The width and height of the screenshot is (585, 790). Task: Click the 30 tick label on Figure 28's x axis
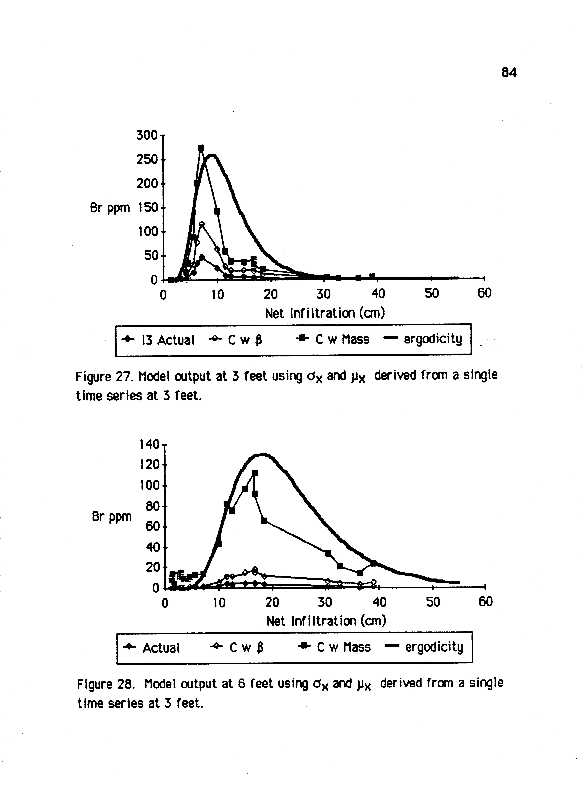point(325,602)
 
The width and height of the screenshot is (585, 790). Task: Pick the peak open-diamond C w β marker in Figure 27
point(202,224)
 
